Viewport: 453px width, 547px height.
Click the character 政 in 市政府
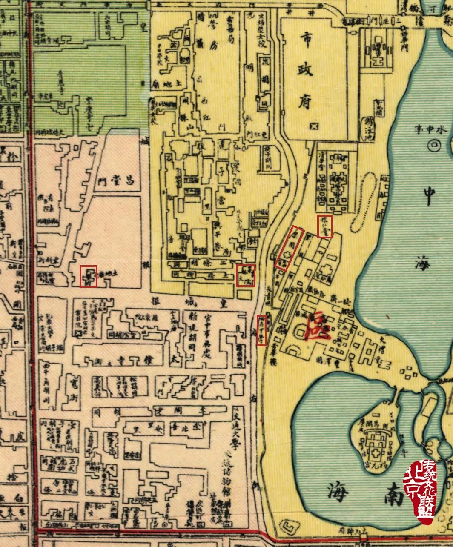[x=307, y=69]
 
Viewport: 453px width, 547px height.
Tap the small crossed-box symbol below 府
[x=315, y=126]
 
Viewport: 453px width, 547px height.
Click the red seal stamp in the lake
[x=419, y=492]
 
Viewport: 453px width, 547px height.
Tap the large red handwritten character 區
[x=318, y=325]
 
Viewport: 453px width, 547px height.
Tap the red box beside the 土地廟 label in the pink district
[x=89, y=276]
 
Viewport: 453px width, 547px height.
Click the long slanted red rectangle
[x=290, y=248]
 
